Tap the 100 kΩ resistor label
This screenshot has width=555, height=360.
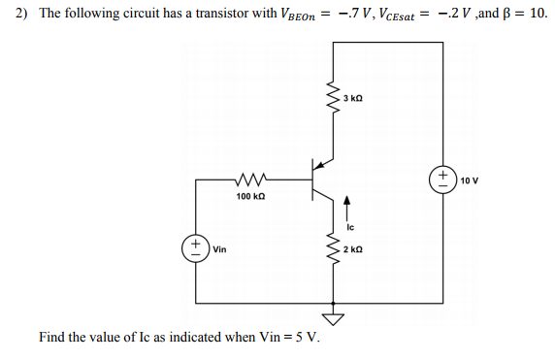249,196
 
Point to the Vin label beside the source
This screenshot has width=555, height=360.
219,249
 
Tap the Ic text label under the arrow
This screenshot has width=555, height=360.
351,228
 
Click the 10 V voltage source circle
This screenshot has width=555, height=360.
443,179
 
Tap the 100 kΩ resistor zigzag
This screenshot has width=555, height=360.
249,179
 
